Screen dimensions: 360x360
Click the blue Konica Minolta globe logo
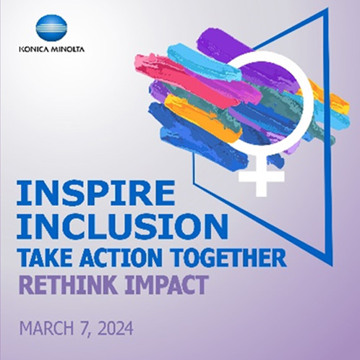pos(51,30)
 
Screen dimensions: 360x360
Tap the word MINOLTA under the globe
pos(67,49)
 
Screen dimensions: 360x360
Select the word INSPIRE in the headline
pos(96,193)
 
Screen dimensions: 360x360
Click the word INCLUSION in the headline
pos(122,226)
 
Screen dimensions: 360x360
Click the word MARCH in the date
pos(46,328)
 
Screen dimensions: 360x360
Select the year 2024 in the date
pos(116,328)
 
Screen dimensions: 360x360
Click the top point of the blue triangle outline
pos(327,9)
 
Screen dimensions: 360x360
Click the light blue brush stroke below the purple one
pos(205,61)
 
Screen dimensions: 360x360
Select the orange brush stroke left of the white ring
pos(202,116)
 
